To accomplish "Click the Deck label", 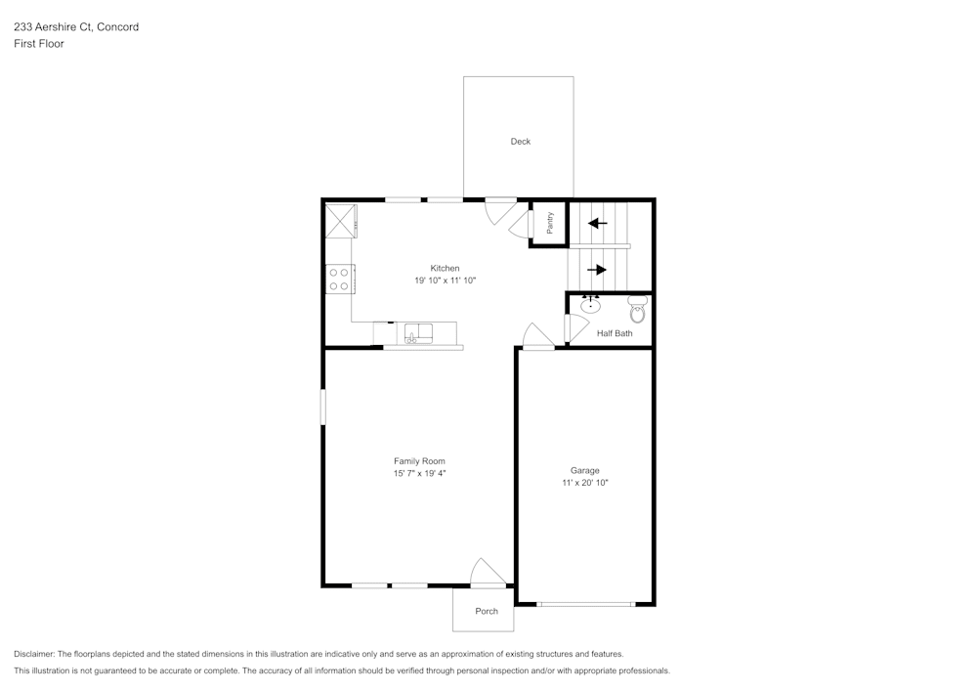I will point(521,142).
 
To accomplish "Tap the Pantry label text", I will point(550,223).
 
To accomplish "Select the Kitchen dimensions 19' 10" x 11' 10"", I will point(445,281).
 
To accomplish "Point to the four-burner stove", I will point(339,280).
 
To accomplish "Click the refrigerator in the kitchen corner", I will point(340,220).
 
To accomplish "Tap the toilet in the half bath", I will point(637,310).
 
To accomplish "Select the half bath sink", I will point(590,305).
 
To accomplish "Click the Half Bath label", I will point(615,333).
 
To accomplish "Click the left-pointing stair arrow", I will point(597,223).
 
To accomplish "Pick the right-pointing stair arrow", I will point(597,269).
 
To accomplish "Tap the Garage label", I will point(585,470).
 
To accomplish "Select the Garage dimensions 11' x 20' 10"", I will point(585,483).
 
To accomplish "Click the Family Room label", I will point(419,460).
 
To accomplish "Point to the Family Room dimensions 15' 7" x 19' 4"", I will point(419,473).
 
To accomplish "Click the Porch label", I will point(487,611).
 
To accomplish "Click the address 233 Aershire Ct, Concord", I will point(76,27).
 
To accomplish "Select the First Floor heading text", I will point(39,44).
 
